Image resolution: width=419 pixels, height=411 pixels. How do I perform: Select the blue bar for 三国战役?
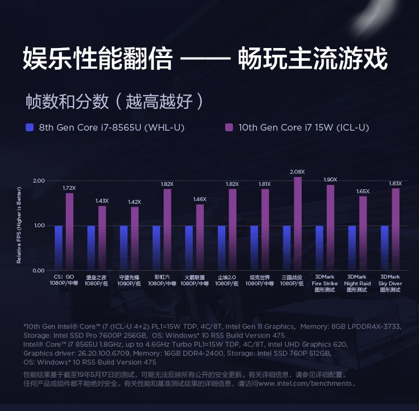pyautogui.click(x=287, y=247)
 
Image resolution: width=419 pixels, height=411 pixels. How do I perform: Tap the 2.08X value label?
pyautogui.click(x=297, y=171)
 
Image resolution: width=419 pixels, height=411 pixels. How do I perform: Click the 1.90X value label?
pyautogui.click(x=330, y=179)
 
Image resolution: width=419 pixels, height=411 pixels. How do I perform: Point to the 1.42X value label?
pyautogui.click(x=135, y=202)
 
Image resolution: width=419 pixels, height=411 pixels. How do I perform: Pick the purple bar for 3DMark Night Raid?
pyautogui.click(x=363, y=233)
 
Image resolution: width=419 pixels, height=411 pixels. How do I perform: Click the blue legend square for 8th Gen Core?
pyautogui.click(x=30, y=127)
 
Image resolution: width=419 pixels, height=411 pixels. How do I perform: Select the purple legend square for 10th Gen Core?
pyautogui.click(x=228, y=127)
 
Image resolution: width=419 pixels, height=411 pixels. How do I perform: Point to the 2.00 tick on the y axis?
pyautogui.click(x=39, y=181)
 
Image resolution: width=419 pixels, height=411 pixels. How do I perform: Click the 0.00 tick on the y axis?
pyautogui.click(x=39, y=271)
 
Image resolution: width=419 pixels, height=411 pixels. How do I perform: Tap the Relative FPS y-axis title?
pyautogui.click(x=18, y=226)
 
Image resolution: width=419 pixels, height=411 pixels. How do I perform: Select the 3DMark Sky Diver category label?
pyautogui.click(x=390, y=283)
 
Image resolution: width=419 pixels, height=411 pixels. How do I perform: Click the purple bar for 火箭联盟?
pyautogui.click(x=200, y=237)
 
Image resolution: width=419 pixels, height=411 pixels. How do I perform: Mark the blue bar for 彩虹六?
pyautogui.click(x=156, y=247)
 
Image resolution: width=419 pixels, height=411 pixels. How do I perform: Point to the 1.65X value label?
pyautogui.click(x=363, y=191)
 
